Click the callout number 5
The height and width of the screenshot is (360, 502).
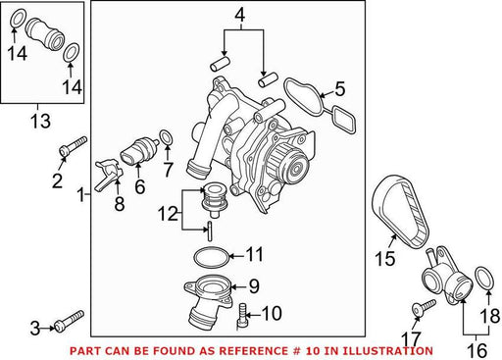(340, 89)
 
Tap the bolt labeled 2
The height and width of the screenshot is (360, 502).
(74, 146)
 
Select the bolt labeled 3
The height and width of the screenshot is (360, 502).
(70, 321)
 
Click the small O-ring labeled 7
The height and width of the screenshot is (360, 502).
(166, 137)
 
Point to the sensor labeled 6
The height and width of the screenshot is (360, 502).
(139, 151)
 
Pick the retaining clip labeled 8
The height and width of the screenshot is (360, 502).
(108, 175)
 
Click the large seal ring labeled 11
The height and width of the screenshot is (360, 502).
(212, 257)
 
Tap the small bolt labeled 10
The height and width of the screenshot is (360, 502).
(242, 315)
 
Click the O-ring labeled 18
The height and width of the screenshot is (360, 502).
(483, 279)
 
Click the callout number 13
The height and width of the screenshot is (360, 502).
(40, 121)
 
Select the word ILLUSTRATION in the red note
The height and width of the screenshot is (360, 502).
(387, 351)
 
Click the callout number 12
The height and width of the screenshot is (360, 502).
(168, 214)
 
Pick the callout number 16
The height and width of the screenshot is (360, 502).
(477, 351)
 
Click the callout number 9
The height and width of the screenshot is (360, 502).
(254, 286)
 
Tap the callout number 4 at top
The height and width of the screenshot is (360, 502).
(240, 16)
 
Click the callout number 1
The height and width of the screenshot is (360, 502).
(80, 195)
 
